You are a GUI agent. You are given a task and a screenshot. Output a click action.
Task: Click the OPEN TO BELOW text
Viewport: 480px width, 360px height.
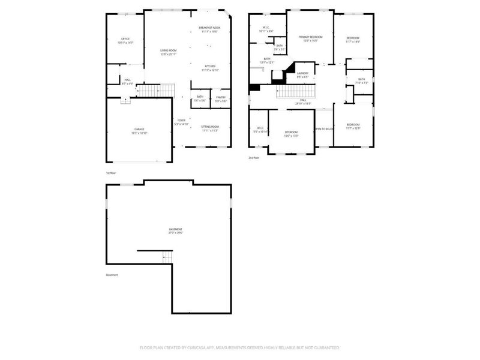(324, 128)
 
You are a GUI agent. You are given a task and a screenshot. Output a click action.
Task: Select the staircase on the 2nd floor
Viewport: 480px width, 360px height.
(295, 92)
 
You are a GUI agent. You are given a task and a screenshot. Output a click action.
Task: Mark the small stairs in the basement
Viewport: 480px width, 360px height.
(167, 257)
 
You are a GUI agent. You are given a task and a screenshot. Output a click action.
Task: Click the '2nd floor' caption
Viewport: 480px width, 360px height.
(254, 158)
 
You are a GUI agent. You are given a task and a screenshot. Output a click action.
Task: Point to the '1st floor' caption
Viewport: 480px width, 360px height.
(111, 173)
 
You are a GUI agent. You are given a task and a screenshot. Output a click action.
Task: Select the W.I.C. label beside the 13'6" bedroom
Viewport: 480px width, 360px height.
(260, 129)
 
